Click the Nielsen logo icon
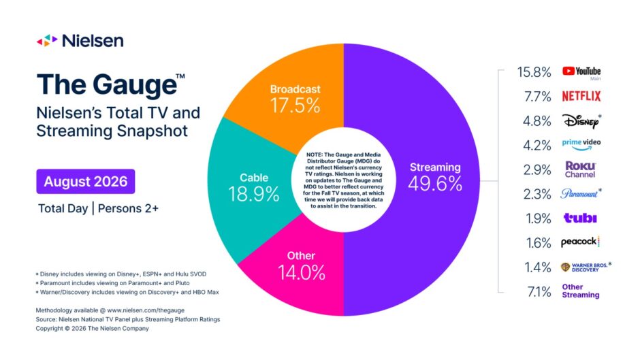pyautogui.click(x=47, y=40)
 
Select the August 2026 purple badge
pyautogui.click(x=86, y=181)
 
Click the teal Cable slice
pyautogui.click(x=249, y=188)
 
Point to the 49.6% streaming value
pyautogui.click(x=435, y=184)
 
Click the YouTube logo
pyautogui.click(x=581, y=72)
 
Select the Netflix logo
pyautogui.click(x=581, y=97)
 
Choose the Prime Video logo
pyautogui.click(x=581, y=144)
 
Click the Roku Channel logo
pyautogui.click(x=580, y=169)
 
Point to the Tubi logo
pyautogui.click(x=580, y=218)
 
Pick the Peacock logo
pyautogui.click(x=580, y=242)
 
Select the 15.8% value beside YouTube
pyautogui.click(x=534, y=72)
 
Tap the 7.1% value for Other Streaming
pyautogui.click(x=539, y=292)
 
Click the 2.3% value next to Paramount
pyautogui.click(x=537, y=194)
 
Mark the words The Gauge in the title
pyautogui.click(x=107, y=85)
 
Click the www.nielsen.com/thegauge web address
pyautogui.click(x=146, y=310)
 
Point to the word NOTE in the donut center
pyautogui.click(x=315, y=154)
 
